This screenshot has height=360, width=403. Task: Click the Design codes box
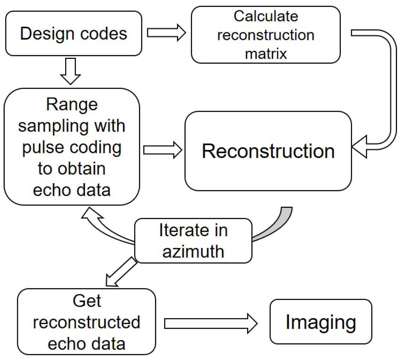click(74, 33)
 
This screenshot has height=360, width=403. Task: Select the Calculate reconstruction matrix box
click(266, 35)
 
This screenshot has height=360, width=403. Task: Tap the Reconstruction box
click(268, 151)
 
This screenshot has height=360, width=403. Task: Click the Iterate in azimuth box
click(193, 241)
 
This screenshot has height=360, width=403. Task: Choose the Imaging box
click(321, 322)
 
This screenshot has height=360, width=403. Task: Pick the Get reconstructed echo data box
click(86, 322)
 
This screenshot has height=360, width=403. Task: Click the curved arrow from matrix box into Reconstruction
click(390, 90)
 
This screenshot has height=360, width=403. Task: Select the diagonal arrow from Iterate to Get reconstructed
click(120, 272)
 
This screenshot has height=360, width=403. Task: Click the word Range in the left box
click(72, 105)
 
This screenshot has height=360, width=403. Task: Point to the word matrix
click(266, 54)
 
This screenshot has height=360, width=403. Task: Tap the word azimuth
click(193, 252)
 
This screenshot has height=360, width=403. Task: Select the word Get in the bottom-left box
click(87, 301)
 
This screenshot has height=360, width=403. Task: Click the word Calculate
click(266, 16)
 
